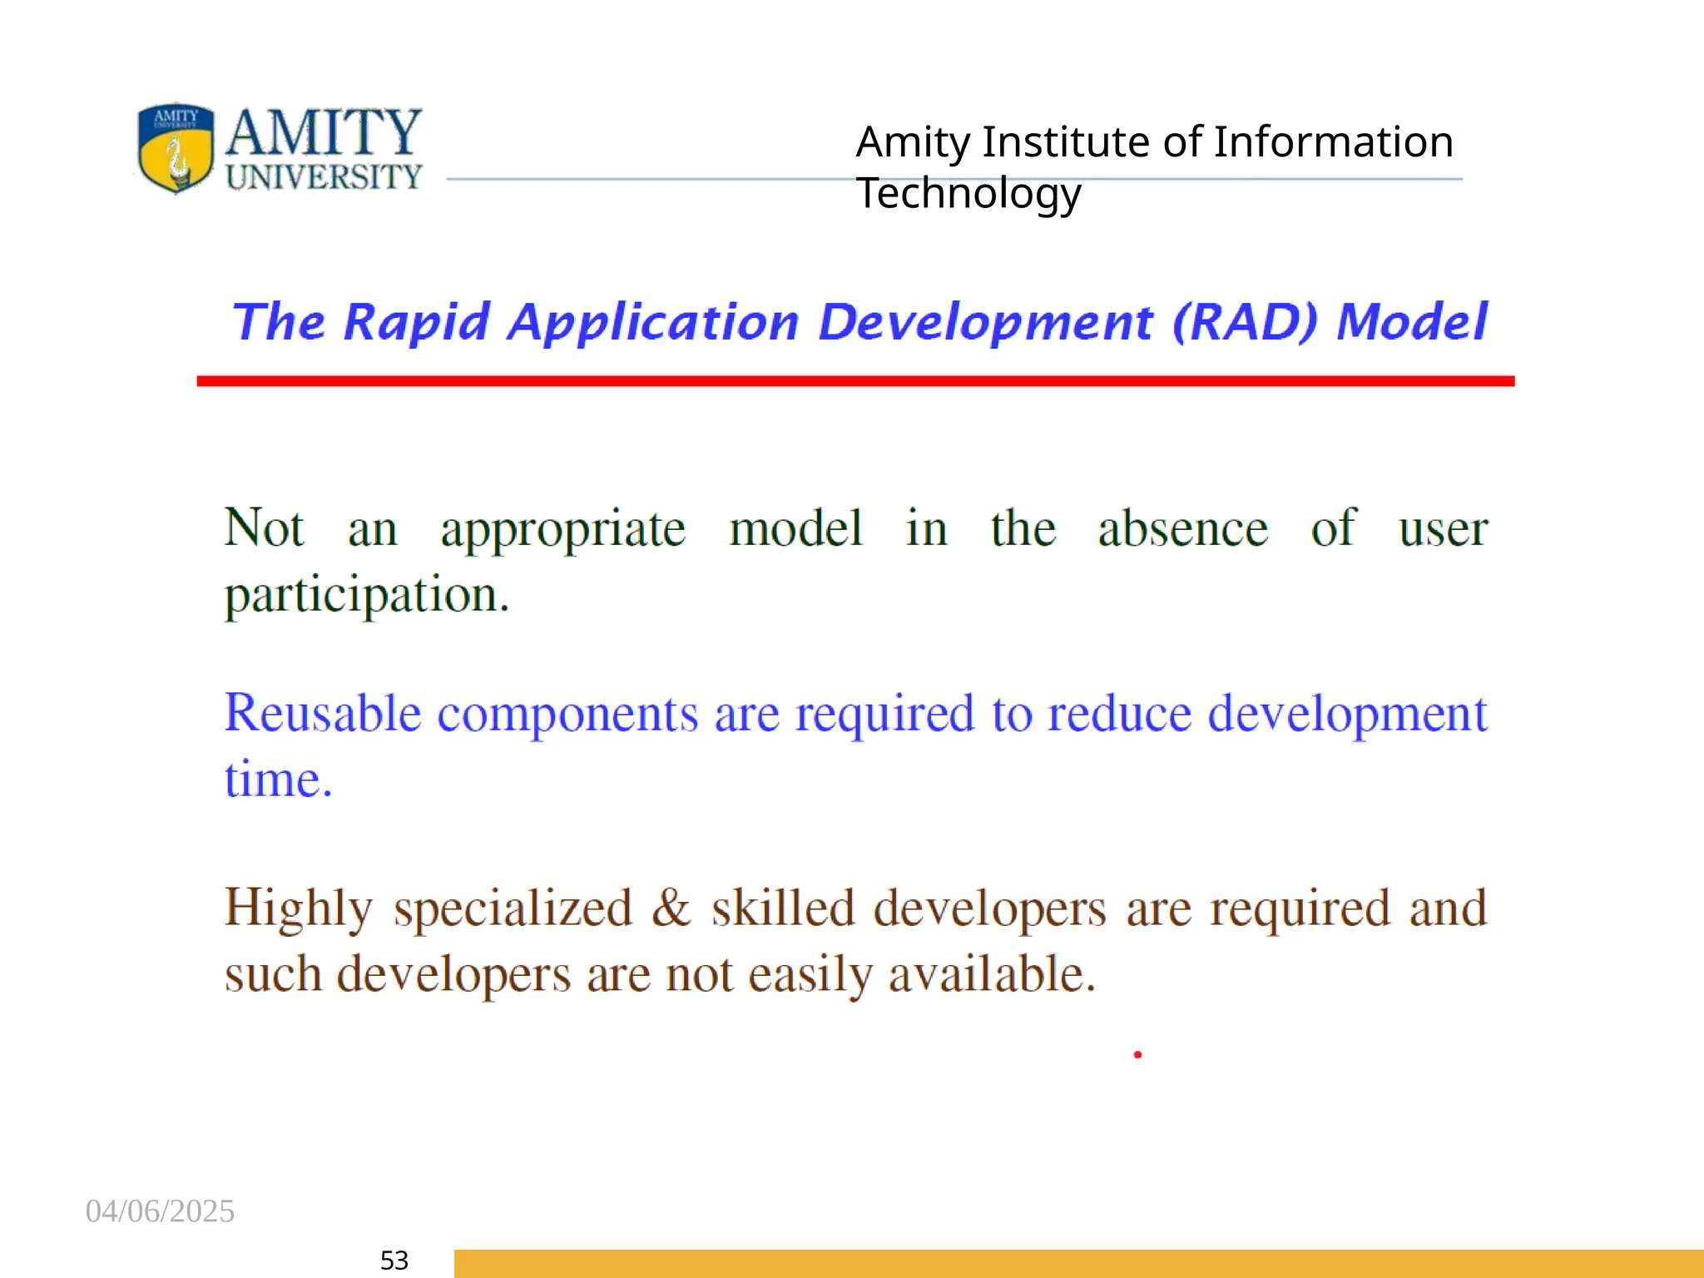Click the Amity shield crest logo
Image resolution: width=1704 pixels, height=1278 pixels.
pyautogui.click(x=176, y=148)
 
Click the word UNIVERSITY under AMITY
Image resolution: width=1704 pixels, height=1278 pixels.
pyautogui.click(x=324, y=177)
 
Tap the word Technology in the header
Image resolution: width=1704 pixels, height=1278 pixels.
pyautogui.click(x=968, y=194)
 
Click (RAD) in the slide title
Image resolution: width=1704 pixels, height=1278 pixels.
pyautogui.click(x=1246, y=322)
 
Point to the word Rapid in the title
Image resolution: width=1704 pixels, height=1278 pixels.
pyautogui.click(x=416, y=323)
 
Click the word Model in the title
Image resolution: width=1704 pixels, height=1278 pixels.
pyautogui.click(x=1412, y=322)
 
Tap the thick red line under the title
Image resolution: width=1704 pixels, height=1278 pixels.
pyautogui.click(x=855, y=381)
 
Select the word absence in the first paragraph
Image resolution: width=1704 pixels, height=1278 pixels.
pyautogui.click(x=1182, y=528)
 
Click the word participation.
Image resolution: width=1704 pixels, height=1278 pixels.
pyautogui.click(x=366, y=596)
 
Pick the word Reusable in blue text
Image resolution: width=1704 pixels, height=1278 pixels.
pyautogui.click(x=323, y=714)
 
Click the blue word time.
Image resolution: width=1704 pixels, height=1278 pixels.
pyautogui.click(x=278, y=780)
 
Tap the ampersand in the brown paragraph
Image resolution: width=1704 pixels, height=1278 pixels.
pyautogui.click(x=671, y=908)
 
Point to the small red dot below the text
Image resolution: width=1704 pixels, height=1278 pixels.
pyautogui.click(x=1137, y=1055)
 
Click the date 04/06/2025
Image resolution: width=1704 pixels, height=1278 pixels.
pyautogui.click(x=160, y=1211)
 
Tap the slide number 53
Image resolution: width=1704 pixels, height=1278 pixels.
pyautogui.click(x=394, y=1261)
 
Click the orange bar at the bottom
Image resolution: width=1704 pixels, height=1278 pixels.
pyautogui.click(x=1078, y=1263)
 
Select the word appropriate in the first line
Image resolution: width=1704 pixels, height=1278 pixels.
pyautogui.click(x=563, y=530)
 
